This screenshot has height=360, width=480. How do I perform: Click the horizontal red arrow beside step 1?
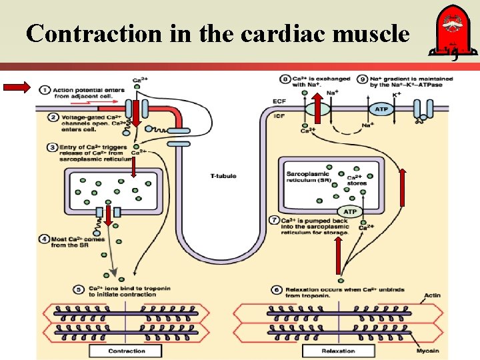point(17,86)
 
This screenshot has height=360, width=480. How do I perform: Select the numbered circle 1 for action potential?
point(44,89)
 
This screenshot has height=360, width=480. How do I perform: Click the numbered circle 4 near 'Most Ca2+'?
point(44,239)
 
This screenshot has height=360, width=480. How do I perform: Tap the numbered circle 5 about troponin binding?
point(79,289)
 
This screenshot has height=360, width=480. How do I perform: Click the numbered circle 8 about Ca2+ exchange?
point(286,79)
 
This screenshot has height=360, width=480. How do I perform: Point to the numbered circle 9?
point(363,79)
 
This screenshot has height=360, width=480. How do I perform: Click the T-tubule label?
point(223,176)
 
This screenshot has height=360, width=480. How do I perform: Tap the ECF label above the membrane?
point(280,101)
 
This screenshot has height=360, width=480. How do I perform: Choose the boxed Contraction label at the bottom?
point(126,350)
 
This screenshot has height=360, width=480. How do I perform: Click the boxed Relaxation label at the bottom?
point(338,350)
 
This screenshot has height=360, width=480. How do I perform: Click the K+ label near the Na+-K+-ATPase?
point(397,95)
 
